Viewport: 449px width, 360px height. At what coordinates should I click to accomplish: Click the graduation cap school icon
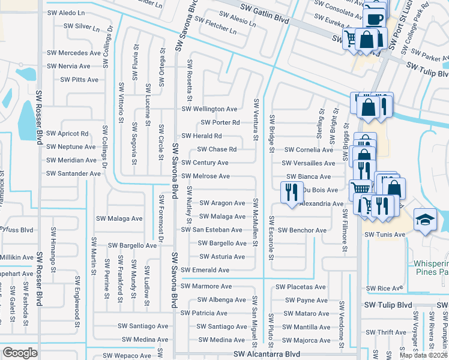pyautogui.click(x=425, y=220)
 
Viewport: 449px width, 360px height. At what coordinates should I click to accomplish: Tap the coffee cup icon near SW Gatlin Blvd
pyautogui.click(x=376, y=19)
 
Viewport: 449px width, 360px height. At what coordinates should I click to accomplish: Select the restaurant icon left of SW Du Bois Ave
pyautogui.click(x=291, y=192)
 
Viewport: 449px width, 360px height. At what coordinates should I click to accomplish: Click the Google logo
pyautogui.click(x=20, y=352)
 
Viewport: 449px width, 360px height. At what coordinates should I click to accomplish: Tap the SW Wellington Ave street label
pyautogui.click(x=209, y=109)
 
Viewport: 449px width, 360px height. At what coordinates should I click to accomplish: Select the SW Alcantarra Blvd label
pyautogui.click(x=267, y=355)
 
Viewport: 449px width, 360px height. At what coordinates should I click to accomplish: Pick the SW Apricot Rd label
pyautogui.click(x=67, y=133)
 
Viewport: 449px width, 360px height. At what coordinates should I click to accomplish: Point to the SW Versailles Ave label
pyautogui.click(x=310, y=163)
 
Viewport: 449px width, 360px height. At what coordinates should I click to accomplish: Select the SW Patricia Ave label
pyautogui.click(x=204, y=313)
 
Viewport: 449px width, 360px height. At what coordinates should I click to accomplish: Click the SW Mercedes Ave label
pyautogui.click(x=74, y=52)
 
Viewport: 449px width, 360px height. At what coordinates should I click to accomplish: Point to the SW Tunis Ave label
pyautogui.click(x=385, y=235)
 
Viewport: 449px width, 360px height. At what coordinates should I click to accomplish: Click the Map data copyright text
pyautogui.click(x=424, y=355)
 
